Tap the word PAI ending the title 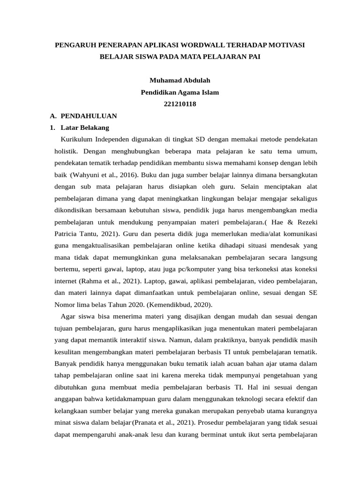coord(252,57)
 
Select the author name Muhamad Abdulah coord(180,80)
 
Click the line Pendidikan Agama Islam coord(180,92)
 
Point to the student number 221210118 coord(180,104)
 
